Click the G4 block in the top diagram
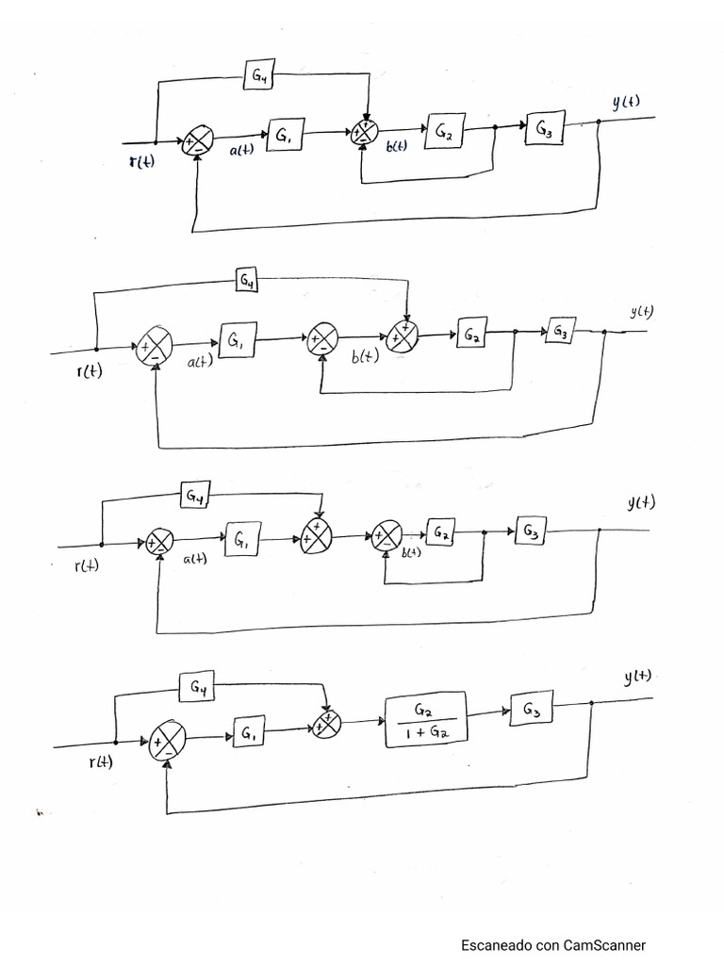(258, 74)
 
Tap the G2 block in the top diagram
(444, 130)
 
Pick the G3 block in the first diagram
(544, 128)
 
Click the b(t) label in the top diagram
(397, 146)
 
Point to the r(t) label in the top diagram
(141, 161)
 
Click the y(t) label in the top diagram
(626, 102)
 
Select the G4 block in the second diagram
(247, 281)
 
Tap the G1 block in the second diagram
(237, 339)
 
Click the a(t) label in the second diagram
(200, 362)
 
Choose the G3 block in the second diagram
(560, 331)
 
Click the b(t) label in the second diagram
(365, 356)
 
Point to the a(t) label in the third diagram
(194, 560)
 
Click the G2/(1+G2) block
(425, 719)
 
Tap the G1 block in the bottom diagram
(249, 731)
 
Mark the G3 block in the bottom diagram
(531, 709)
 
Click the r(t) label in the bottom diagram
(101, 761)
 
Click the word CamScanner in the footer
(604, 944)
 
